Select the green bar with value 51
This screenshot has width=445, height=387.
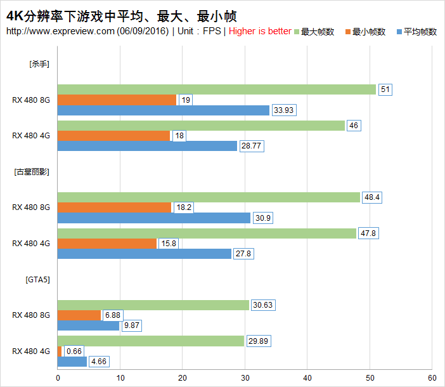click(216, 89)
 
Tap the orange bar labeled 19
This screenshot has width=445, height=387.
click(117, 100)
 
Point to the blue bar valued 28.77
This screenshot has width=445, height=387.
click(147, 146)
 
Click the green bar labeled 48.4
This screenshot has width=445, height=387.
click(209, 197)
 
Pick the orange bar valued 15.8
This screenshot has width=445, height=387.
click(107, 244)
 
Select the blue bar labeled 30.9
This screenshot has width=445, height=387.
click(154, 218)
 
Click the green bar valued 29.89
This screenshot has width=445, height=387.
click(151, 341)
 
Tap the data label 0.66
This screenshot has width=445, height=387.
click(75, 351)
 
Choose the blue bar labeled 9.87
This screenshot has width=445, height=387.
click(88, 325)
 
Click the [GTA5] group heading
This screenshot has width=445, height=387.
click(37, 279)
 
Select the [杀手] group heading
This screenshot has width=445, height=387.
click(39, 63)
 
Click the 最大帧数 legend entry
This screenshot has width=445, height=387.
click(318, 32)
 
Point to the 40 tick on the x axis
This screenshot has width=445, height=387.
click(307, 377)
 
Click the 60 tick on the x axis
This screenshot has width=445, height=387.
click(431, 377)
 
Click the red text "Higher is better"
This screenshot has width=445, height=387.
click(260, 31)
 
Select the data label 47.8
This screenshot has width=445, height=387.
click(370, 233)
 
